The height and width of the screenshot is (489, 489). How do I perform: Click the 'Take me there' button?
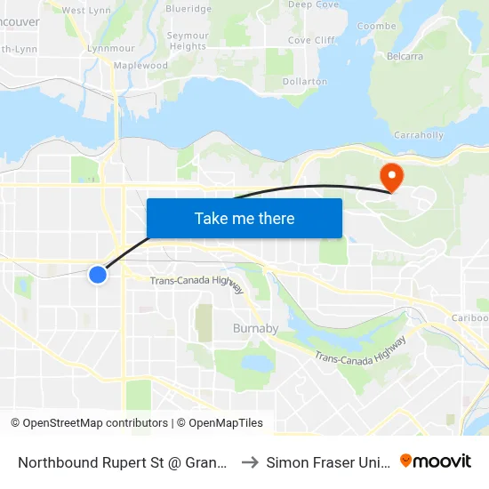tap(244, 218)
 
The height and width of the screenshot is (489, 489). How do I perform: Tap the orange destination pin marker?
tap(390, 175)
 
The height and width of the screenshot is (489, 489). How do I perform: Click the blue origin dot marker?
tap(98, 275)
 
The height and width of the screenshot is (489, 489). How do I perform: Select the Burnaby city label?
tap(255, 328)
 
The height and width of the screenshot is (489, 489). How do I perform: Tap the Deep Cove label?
tap(313, 4)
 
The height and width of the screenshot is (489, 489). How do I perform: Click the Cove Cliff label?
tap(311, 40)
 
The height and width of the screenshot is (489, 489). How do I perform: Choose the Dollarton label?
tap(304, 81)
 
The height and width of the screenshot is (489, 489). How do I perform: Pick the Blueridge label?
tap(188, 8)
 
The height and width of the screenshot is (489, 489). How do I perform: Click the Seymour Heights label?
tap(188, 41)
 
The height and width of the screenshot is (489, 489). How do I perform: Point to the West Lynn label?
tap(85, 10)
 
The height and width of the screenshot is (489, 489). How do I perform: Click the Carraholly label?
tap(418, 135)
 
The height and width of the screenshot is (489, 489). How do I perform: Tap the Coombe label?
tap(375, 26)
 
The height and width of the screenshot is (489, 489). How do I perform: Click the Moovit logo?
tap(436, 461)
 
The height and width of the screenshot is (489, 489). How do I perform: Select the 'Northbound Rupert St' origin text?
tap(121, 461)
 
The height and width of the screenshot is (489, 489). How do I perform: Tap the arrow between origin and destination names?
tap(250, 461)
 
